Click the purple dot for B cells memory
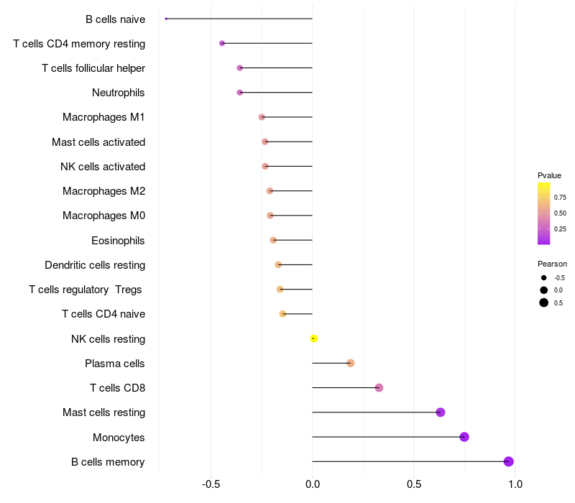tap(508, 461)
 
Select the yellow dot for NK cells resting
tap(313, 338)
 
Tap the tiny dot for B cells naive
tap(166, 19)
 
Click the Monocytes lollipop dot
tap(464, 437)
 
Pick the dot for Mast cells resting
tap(441, 412)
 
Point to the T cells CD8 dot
tap(379, 388)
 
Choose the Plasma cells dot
tap(351, 364)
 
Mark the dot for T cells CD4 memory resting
tap(222, 43)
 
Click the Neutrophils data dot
tap(240, 93)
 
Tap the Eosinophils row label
tap(118, 241)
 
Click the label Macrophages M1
tap(103, 117)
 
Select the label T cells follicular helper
tap(93, 68)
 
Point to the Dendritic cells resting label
tap(95, 265)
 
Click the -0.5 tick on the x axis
tap(211, 484)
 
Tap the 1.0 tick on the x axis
tap(515, 484)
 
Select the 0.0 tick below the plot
tap(313, 484)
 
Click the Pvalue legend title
tap(549, 175)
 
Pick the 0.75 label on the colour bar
tap(560, 197)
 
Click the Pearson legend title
tap(552, 264)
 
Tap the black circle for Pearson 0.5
tap(544, 303)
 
